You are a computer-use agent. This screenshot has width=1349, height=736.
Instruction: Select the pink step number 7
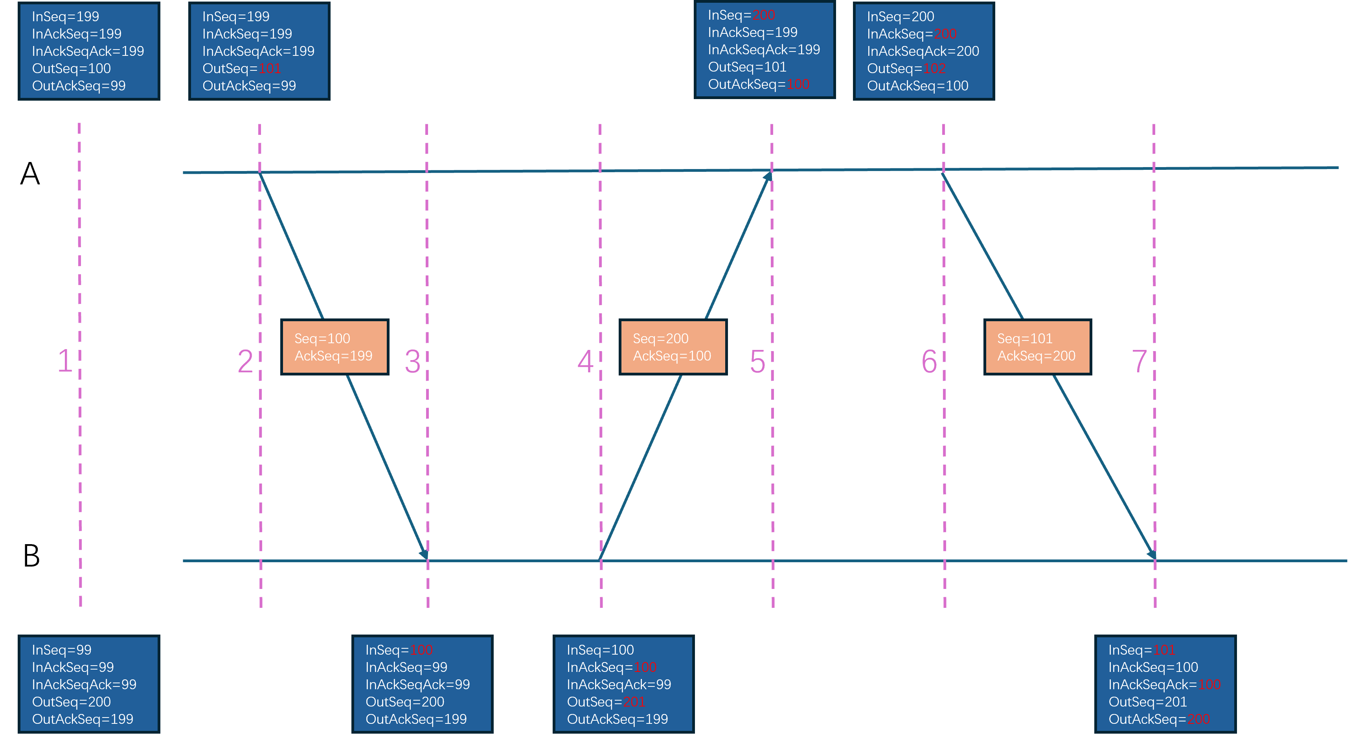1139,361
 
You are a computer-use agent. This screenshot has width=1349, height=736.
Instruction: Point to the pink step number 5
758,361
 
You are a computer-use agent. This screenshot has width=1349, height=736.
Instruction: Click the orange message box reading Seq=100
334,347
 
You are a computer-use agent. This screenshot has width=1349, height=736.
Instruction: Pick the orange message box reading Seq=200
673,347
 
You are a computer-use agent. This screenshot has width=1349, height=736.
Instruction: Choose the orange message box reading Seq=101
1037,347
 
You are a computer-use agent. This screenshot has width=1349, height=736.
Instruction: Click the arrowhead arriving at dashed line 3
424,553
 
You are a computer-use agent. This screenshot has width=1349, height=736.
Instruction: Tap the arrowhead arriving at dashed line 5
768,177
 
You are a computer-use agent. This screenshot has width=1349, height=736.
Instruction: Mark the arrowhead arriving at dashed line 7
1151,553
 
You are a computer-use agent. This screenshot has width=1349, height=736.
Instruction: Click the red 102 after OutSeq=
934,69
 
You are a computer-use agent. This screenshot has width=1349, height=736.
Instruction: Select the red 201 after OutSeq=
634,702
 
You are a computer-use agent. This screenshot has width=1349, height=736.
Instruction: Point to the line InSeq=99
62,650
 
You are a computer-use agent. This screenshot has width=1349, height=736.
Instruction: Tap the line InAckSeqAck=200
923,52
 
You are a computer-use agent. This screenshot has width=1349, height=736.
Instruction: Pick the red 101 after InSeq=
1163,650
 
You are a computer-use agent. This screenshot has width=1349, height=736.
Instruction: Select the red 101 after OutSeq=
270,69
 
